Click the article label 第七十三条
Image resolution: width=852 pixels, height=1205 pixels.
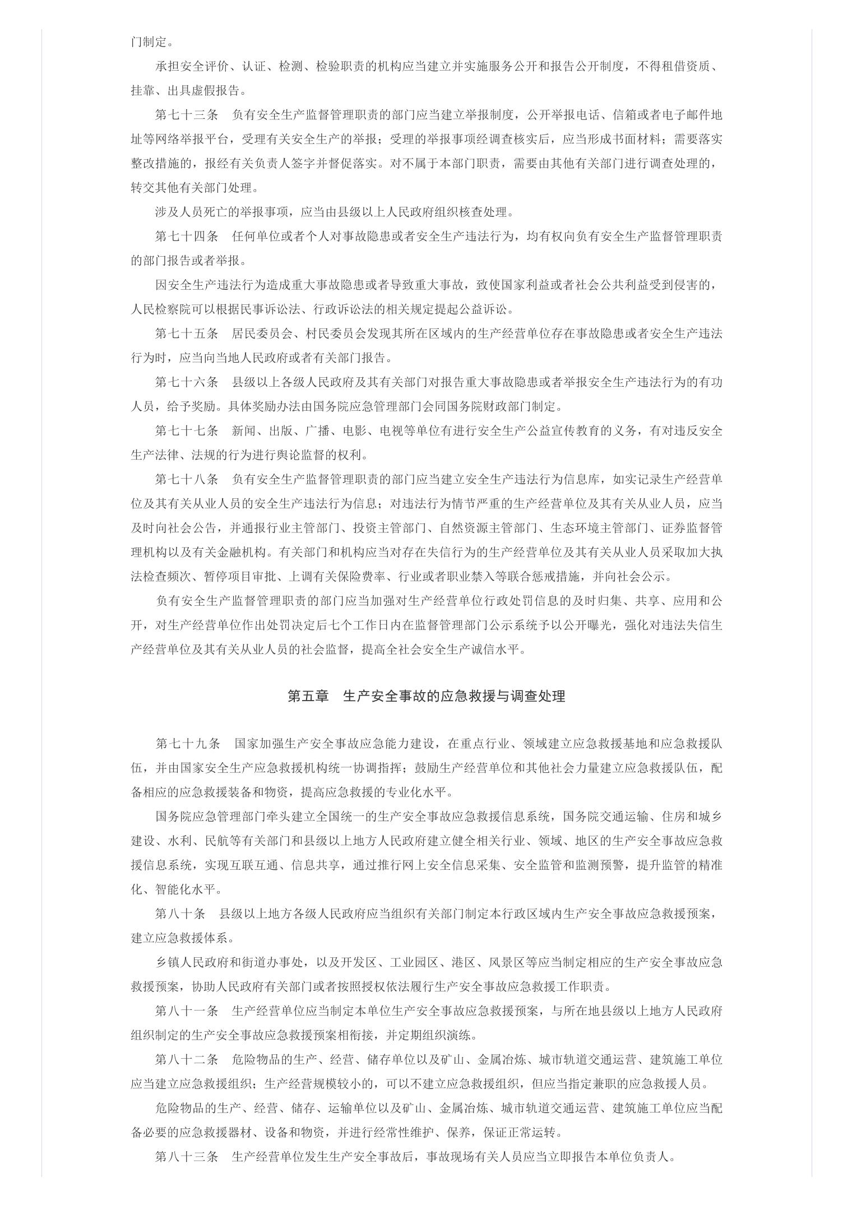(x=186, y=115)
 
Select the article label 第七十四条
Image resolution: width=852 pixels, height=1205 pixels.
(x=186, y=237)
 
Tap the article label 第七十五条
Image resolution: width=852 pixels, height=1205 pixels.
(x=186, y=333)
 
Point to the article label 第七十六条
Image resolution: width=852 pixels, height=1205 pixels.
(x=186, y=382)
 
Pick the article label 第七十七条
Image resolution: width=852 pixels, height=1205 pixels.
(x=186, y=431)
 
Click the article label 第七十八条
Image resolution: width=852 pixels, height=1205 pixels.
(x=186, y=480)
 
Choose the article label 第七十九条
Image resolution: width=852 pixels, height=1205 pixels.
(x=187, y=744)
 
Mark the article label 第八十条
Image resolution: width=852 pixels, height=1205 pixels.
(x=180, y=914)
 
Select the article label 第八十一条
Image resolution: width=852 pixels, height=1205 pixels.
(x=186, y=1011)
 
